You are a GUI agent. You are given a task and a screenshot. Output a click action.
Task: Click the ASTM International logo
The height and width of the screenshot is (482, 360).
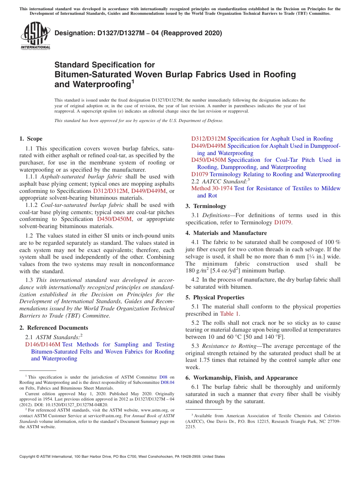pyautogui.click(x=35, y=36)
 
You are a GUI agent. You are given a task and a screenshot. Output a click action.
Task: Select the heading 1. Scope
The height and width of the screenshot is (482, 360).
pyautogui.click(x=31, y=139)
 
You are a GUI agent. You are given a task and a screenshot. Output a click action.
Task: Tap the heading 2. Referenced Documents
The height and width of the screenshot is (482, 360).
pyautogui.click(x=54, y=328)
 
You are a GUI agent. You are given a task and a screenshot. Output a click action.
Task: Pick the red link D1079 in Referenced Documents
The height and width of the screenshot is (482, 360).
pyautogui.click(x=200, y=174)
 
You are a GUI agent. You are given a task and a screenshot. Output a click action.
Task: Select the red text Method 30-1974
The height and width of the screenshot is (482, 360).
pyautogui.click(x=212, y=188)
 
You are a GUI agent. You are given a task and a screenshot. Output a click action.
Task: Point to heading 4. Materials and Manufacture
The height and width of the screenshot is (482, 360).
pyautogui.click(x=226, y=233)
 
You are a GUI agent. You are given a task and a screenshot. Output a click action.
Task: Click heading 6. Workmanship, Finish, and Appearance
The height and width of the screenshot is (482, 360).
pyautogui.click(x=241, y=378)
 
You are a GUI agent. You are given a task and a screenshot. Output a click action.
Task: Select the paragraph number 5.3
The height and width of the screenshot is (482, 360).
pyautogui.click(x=196, y=346)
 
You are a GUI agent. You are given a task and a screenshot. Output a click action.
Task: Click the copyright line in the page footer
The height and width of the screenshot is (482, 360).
pyautogui.click(x=122, y=457)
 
